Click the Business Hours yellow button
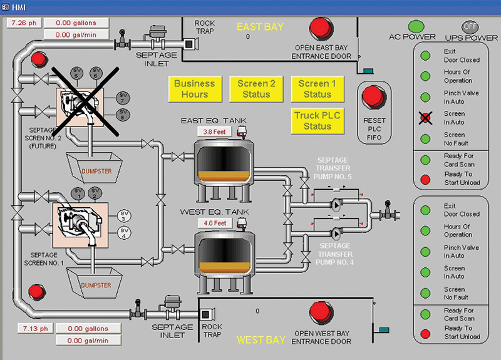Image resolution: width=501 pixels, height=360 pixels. (x=194, y=89)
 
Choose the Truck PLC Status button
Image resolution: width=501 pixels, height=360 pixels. (x=317, y=121)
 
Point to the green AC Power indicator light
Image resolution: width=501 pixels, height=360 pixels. (x=413, y=26)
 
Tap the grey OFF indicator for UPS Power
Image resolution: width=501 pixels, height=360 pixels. (x=470, y=26)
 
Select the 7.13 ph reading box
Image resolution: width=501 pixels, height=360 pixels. (x=29, y=329)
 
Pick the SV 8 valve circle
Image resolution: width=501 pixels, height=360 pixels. (x=123, y=115)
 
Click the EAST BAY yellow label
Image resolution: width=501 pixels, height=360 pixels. (x=260, y=27)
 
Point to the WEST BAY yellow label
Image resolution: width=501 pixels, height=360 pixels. (x=261, y=340)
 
